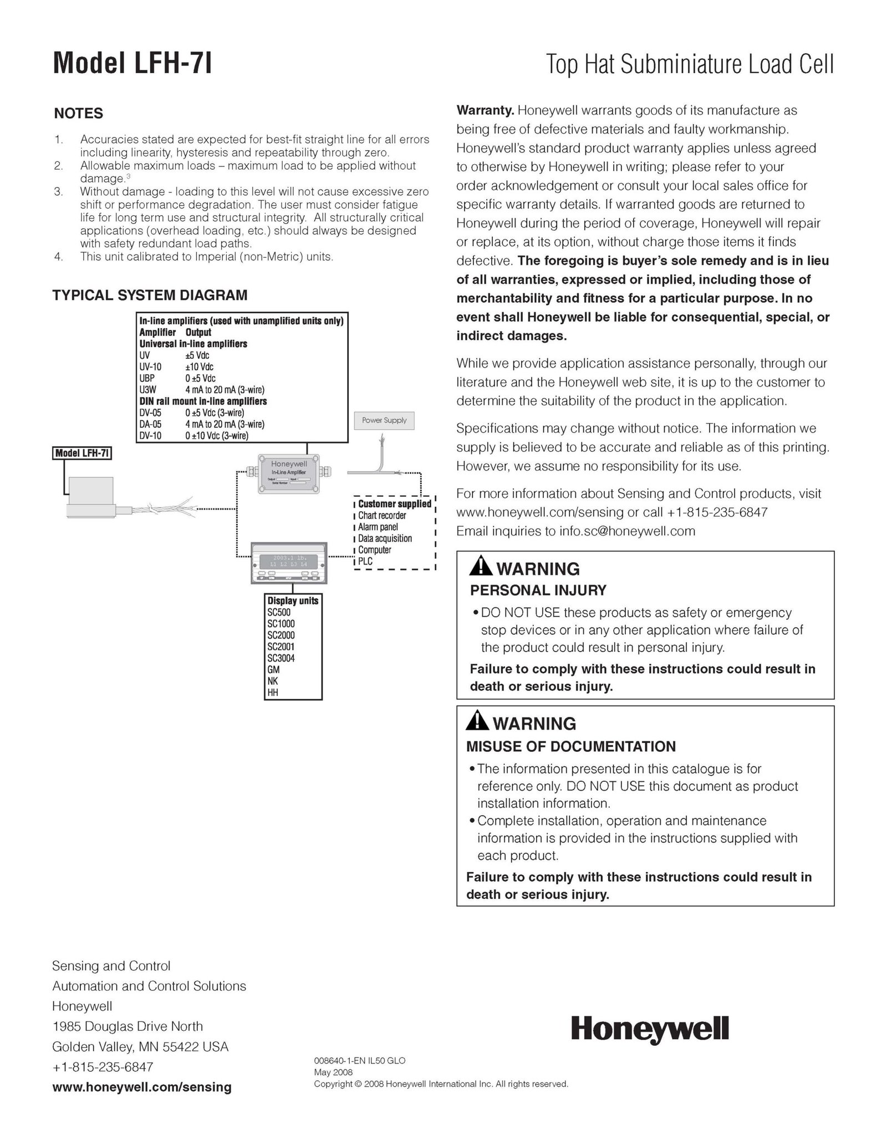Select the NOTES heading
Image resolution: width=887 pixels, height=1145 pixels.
(78, 114)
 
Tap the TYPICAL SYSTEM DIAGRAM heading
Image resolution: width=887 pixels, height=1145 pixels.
(150, 295)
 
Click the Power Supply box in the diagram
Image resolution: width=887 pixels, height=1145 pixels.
(384, 420)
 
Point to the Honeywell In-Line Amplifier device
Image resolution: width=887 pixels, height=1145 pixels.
(289, 473)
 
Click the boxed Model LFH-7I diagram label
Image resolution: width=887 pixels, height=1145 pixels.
(82, 453)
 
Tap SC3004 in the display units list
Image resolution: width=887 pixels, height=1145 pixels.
(281, 658)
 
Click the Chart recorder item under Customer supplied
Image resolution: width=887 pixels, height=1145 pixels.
(382, 515)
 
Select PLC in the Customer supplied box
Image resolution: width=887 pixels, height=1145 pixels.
(365, 561)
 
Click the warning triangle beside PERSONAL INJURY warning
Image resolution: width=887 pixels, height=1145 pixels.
(480, 567)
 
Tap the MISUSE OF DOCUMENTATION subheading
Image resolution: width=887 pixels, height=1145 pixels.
(571, 746)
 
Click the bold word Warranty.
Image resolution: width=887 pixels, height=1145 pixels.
(486, 110)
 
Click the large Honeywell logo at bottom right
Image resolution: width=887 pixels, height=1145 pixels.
(650, 1030)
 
